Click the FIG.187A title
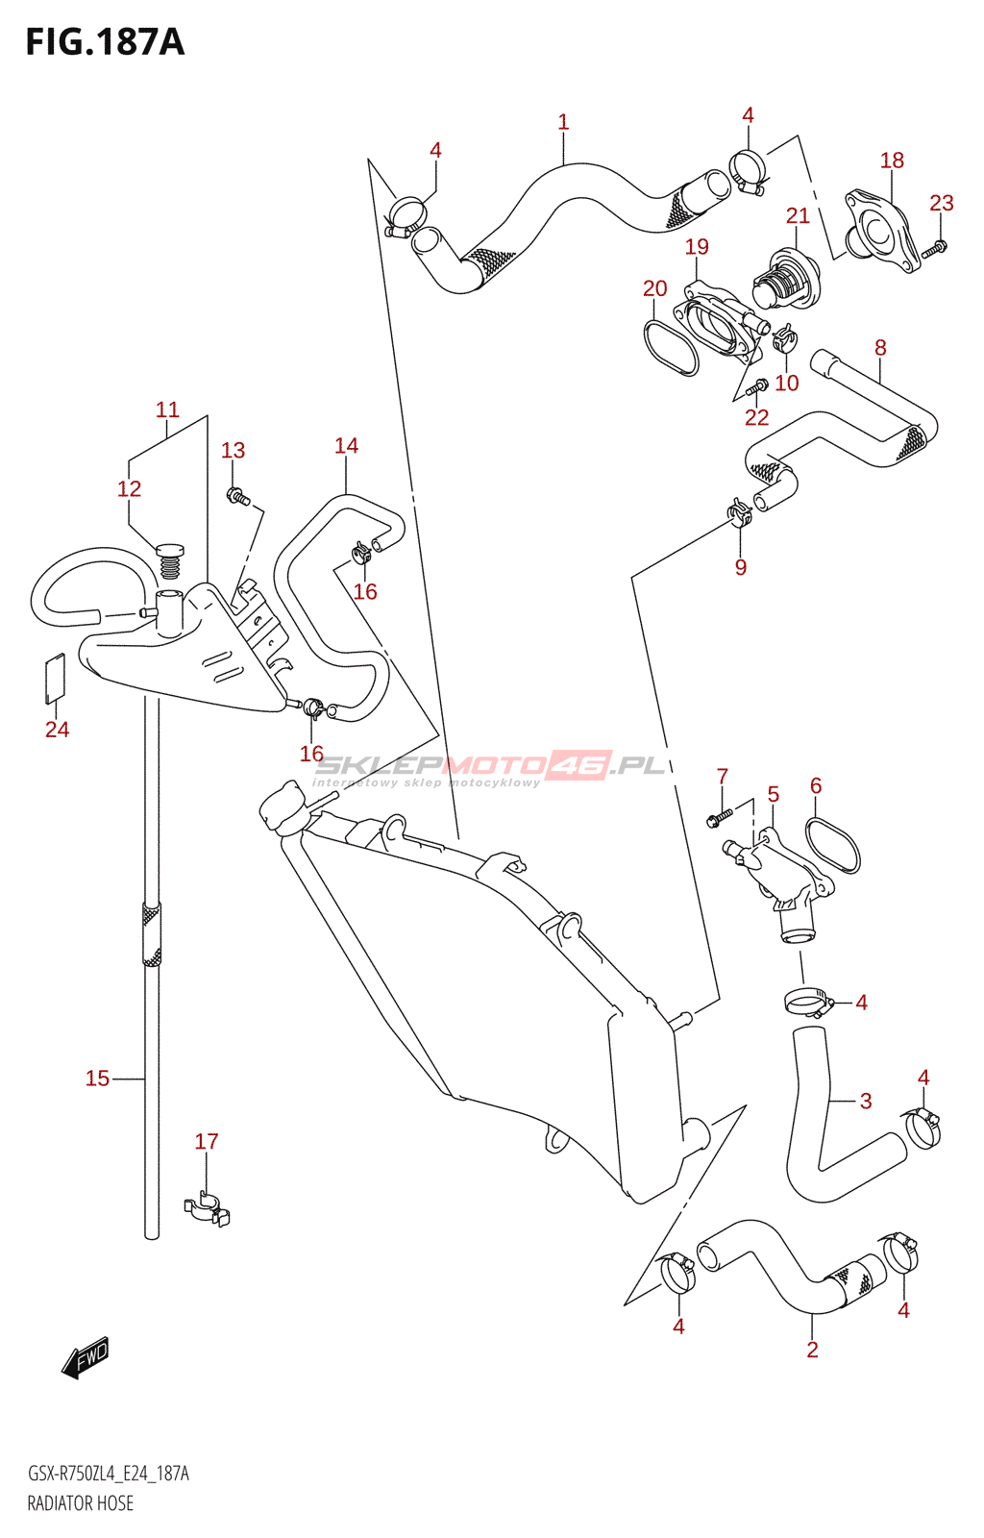[x=105, y=42]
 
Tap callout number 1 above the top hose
[x=563, y=122]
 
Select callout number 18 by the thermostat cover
[x=892, y=161]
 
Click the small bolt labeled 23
[x=935, y=248]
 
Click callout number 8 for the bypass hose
[x=880, y=348]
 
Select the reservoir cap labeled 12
[x=169, y=559]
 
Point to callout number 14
[x=346, y=446]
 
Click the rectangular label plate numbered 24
[x=56, y=675]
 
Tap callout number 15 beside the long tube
[x=97, y=1079]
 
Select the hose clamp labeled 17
[x=207, y=1209]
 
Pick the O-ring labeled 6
[x=832, y=845]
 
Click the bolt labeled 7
[x=718, y=818]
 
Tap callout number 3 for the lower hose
[x=865, y=1102]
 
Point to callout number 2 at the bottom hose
[x=812, y=1350]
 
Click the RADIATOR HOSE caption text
[x=81, y=1503]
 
